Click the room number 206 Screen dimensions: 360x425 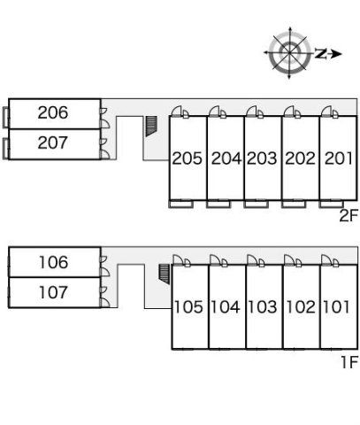coord(53,112)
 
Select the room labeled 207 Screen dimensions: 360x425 coord(53,143)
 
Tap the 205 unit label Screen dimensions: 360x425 coord(188,158)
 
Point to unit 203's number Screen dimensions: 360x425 coord(262,158)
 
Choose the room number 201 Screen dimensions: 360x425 coord(338,158)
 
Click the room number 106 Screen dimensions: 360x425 coord(53,262)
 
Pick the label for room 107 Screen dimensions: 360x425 coord(53,292)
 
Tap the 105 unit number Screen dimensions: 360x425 coord(188,307)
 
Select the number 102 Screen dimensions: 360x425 coord(301,307)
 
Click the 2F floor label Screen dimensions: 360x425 coord(349,216)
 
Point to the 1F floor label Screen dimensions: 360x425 coord(349,362)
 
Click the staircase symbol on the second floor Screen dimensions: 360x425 coord(151,126)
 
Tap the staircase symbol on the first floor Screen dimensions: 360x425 coord(165,274)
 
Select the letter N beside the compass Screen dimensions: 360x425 coord(320,53)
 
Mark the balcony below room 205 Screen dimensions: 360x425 coord(181,204)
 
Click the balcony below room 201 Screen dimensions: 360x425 coord(331,204)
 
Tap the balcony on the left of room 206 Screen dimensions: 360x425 coord(5,118)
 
